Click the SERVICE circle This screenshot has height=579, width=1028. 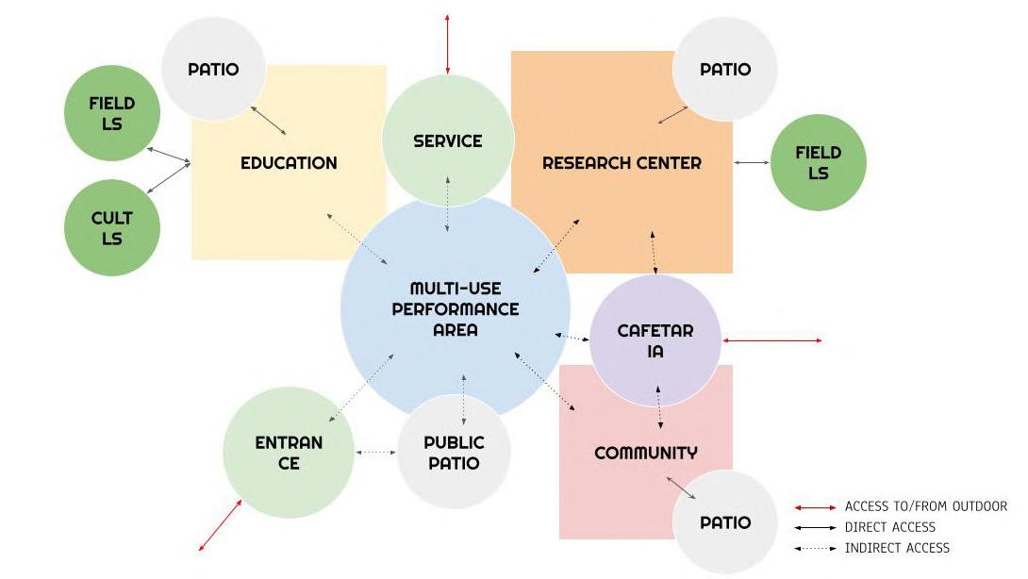(447, 141)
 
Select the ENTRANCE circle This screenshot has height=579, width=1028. (289, 453)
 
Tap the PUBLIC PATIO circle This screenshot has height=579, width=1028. (454, 453)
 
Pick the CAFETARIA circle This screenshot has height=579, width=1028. (655, 340)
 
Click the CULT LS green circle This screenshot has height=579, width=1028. (112, 227)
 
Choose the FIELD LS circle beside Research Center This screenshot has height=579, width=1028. (818, 162)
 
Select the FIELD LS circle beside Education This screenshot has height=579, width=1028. (112, 113)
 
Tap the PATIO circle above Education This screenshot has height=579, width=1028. (212, 69)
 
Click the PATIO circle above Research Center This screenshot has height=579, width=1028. (725, 69)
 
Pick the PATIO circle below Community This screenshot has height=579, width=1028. (725, 521)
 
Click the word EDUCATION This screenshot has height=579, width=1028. (289, 163)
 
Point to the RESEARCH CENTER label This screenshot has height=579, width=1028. (622, 163)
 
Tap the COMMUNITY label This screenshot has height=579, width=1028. (646, 453)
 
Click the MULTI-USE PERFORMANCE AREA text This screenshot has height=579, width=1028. (456, 309)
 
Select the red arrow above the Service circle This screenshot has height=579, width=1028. (447, 43)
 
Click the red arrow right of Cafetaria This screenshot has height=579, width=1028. (771, 340)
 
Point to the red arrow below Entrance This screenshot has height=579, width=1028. (221, 525)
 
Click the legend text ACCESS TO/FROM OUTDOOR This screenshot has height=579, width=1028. (926, 507)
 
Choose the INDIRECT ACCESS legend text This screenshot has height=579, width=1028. (897, 548)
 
